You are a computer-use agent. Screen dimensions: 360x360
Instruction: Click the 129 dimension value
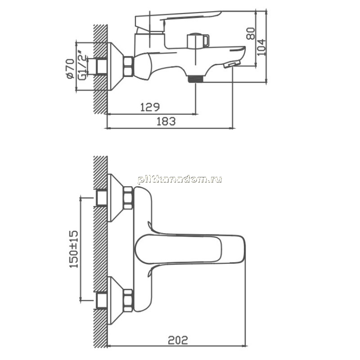pyautogui.click(x=150, y=107)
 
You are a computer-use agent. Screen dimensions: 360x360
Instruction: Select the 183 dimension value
pyautogui.click(x=166, y=121)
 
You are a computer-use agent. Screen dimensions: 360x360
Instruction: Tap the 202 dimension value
pyautogui.click(x=178, y=340)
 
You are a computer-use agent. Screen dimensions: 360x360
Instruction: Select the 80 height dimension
pyautogui.click(x=251, y=33)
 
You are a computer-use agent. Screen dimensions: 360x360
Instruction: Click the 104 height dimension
pyautogui.click(x=261, y=47)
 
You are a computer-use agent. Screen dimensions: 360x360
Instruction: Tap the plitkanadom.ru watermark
pyautogui.click(x=180, y=180)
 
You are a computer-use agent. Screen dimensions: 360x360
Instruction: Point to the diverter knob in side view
pyautogui.click(x=198, y=40)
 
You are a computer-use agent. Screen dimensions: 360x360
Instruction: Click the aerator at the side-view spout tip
pyautogui.click(x=231, y=64)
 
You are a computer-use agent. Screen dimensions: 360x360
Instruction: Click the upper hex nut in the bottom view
pyautogui.click(x=128, y=198)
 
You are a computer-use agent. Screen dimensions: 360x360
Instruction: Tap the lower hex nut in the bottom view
pyautogui.click(x=128, y=301)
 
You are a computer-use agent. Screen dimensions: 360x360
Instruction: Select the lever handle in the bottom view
pyautogui.click(x=190, y=249)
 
